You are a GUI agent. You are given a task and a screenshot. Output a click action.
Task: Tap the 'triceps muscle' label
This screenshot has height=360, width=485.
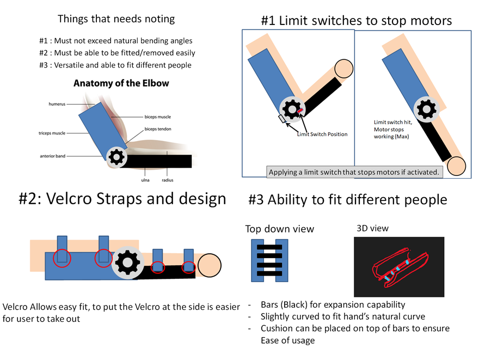point(52,133)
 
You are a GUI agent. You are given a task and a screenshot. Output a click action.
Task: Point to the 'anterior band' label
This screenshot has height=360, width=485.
point(53,156)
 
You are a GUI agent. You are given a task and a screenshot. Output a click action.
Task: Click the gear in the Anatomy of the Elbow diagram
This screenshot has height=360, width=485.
point(116,157)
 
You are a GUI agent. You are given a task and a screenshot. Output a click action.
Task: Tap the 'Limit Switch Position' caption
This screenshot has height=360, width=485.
point(322,134)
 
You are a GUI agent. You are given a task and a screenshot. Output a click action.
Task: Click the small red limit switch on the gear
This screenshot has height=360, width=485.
point(300,111)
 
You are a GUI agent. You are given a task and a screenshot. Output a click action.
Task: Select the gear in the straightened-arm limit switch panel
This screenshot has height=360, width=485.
point(426,109)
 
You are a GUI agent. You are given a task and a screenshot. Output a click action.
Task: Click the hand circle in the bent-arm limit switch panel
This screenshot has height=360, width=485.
point(343,69)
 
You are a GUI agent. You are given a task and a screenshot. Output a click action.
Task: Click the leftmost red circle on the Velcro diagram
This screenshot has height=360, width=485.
point(63,258)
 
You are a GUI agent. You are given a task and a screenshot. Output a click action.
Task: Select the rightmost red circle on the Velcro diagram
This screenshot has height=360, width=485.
point(189,267)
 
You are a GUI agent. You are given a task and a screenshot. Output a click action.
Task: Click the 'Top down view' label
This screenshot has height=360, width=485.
point(279,229)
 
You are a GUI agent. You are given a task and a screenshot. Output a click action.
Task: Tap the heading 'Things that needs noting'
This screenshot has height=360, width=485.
point(116,19)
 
